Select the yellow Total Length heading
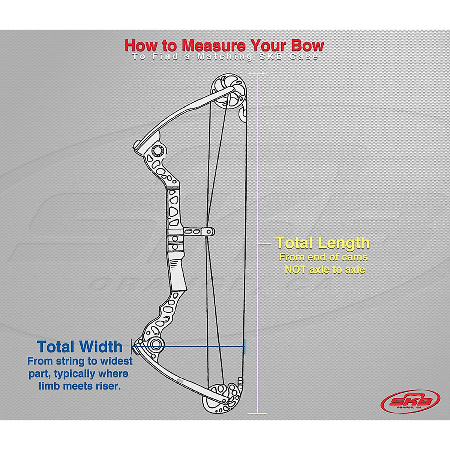322,243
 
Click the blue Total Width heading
79,346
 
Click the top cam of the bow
229,91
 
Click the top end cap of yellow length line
258,73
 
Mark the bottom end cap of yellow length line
258,413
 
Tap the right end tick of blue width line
244,346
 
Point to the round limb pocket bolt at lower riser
156,345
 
